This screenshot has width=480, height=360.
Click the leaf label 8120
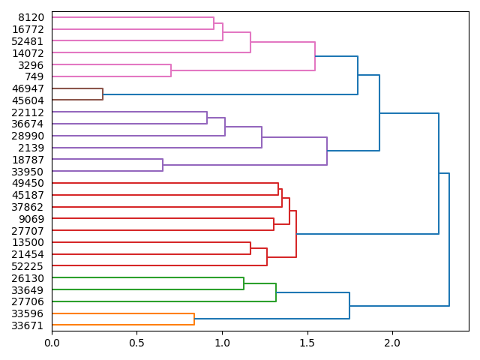(31, 17)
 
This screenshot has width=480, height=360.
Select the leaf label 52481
(28, 41)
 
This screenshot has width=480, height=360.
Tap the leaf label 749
(34, 76)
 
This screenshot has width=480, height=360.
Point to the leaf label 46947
(28, 88)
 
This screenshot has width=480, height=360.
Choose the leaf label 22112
(28, 112)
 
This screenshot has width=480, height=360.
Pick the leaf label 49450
(28, 183)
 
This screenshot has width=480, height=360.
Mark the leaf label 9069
(31, 219)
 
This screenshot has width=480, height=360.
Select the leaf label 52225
(28, 266)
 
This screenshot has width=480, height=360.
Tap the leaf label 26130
(28, 278)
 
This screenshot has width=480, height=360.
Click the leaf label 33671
(28, 325)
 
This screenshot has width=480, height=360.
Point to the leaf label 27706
(28, 301)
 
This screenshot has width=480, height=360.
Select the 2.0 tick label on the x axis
(391, 343)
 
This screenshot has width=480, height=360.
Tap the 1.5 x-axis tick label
(307, 343)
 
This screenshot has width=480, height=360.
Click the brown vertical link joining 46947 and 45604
(103, 94)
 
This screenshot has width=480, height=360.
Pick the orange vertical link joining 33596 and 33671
(194, 319)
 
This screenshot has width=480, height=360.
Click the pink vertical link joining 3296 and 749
(171, 70)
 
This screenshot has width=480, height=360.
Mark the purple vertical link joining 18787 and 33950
(163, 165)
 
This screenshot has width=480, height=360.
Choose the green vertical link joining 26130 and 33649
(244, 284)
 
